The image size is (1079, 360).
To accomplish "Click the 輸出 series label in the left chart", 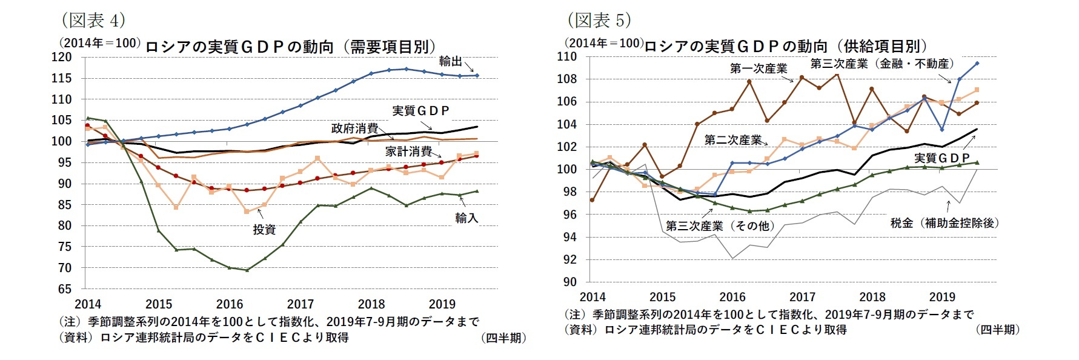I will pos(450,61).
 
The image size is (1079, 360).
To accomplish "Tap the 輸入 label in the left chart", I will pos(466,218).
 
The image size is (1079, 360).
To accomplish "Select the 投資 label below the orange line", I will pos(264,230).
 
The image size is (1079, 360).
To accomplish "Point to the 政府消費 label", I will pos(354,128).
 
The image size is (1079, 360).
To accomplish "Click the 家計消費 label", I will pos(408,152).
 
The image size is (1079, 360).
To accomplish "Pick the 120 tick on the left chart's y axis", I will pos(62,57).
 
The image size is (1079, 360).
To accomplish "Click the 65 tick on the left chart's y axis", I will pos(65,289).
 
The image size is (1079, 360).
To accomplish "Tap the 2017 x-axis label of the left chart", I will pos(300,304).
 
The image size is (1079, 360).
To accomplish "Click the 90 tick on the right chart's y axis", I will pos(569,282).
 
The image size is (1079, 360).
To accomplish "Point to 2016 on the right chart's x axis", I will pos(732,297).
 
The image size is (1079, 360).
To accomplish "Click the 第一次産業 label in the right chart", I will pos(759,68).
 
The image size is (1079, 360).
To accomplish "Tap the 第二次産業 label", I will pos(732,141).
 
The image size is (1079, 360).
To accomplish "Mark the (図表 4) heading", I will pos(93,20).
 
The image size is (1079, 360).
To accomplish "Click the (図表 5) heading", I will pos(599,20).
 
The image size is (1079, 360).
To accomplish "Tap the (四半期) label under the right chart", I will pos(997,330).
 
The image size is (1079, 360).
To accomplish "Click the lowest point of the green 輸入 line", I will pos(247,270).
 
